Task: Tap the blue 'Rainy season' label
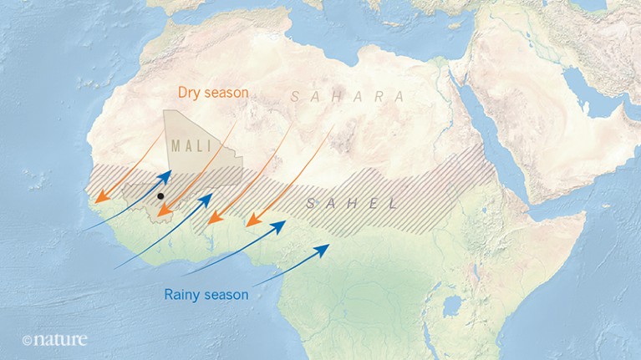pos(206,294)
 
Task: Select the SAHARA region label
pos(348,97)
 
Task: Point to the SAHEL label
pos(351,204)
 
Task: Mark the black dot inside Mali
pos(160,196)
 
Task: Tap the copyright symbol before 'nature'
pos(28,341)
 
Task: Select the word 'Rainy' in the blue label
pos(182,294)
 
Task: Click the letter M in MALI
pos(176,145)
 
